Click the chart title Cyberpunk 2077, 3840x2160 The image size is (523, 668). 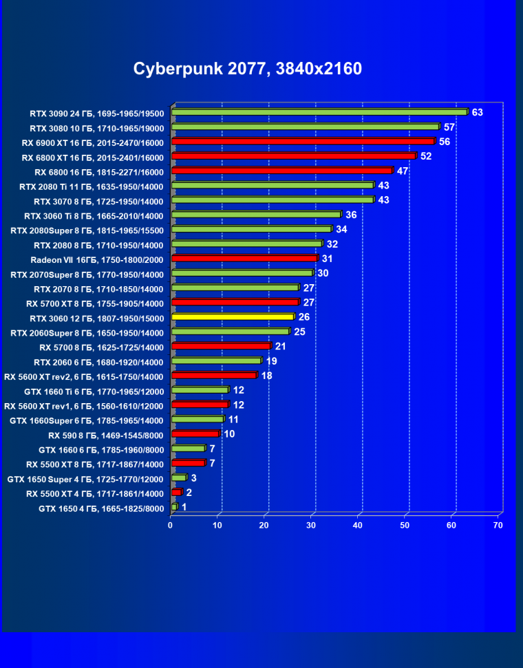[247, 69]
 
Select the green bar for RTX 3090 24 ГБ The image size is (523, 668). [319, 112]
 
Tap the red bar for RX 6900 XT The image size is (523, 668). [303, 141]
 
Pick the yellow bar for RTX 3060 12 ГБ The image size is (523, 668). [233, 316]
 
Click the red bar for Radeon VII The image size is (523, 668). [244, 258]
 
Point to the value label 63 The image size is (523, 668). [477, 112]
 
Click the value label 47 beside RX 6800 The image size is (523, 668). [403, 171]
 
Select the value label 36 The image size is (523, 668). [351, 215]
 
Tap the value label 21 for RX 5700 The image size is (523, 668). [281, 346]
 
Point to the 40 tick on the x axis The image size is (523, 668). [358, 526]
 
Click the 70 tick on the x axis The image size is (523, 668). [498, 526]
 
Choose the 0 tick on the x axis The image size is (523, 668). [171, 526]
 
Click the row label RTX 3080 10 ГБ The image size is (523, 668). [97, 128]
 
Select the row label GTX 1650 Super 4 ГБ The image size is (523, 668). [85, 479]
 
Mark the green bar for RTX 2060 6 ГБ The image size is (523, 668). [216, 360]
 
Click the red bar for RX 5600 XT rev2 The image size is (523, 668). [213, 375]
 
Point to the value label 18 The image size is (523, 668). [266, 375]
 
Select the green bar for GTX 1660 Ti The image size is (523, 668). [200, 390]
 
